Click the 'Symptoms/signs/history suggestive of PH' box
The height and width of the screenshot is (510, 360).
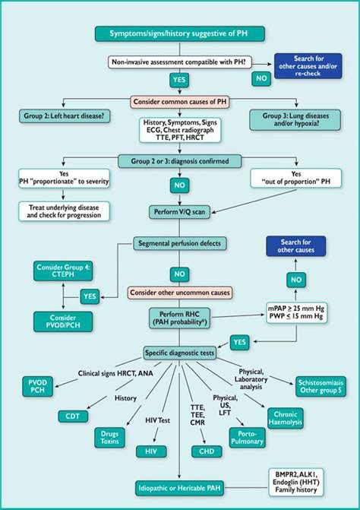tap(179, 33)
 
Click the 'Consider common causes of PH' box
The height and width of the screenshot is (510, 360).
tap(180, 101)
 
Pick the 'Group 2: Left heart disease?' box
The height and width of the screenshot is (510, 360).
tap(62, 115)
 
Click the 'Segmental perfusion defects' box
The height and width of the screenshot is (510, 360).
tap(180, 244)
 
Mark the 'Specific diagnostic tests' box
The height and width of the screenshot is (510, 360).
tap(180, 353)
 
